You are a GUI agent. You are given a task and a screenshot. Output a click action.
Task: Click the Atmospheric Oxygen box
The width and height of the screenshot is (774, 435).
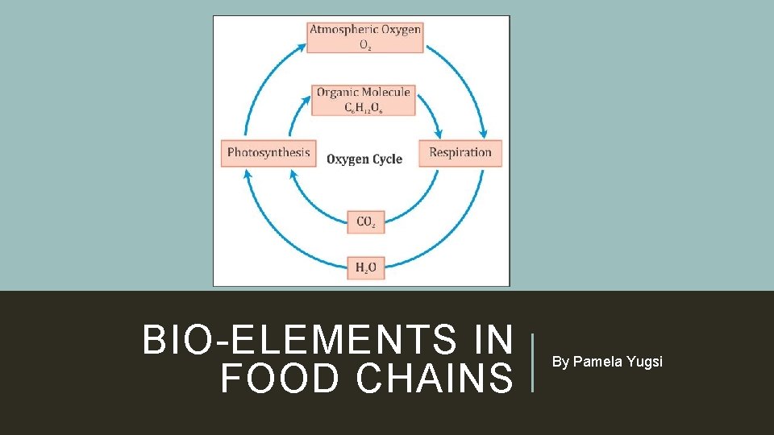[x=365, y=37]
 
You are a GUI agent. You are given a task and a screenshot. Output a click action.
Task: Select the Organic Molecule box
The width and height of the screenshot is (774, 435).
[x=364, y=100]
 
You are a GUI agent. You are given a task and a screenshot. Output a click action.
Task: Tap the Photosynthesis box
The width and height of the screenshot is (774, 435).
[x=268, y=152]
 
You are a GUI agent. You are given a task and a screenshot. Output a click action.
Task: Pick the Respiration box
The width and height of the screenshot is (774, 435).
[x=460, y=152]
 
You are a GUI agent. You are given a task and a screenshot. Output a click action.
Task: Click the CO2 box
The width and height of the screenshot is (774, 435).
[x=366, y=222]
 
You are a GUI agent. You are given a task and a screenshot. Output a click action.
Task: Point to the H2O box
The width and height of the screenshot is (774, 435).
[x=366, y=267]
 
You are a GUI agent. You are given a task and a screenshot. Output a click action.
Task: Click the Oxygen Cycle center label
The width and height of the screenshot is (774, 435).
[x=364, y=159]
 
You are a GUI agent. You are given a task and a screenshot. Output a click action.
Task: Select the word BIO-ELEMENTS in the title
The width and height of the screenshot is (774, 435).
[x=299, y=340]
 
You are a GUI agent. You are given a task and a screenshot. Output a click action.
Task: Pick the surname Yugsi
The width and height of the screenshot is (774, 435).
[x=646, y=362]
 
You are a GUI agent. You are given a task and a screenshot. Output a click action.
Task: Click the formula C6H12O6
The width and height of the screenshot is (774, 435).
[x=364, y=107]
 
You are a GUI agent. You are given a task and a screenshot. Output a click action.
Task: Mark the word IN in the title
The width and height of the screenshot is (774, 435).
[x=492, y=340]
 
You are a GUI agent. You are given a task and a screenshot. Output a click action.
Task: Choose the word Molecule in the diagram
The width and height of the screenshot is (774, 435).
[x=386, y=92]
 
